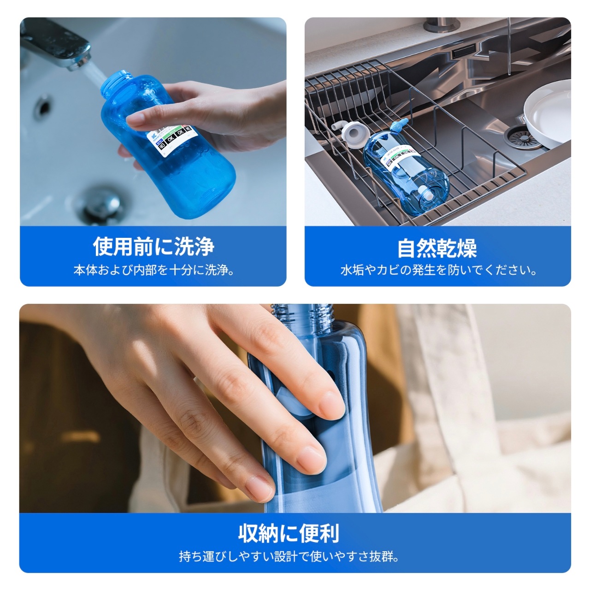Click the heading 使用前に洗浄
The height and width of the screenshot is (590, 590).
[153, 247]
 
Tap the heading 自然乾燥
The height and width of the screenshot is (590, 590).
[437, 248]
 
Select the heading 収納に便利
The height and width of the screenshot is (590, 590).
[289, 533]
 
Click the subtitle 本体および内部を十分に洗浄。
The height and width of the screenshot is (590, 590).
[153, 270]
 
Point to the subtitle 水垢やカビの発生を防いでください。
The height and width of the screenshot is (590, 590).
[438, 270]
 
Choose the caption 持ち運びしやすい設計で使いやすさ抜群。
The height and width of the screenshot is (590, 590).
[289, 557]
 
